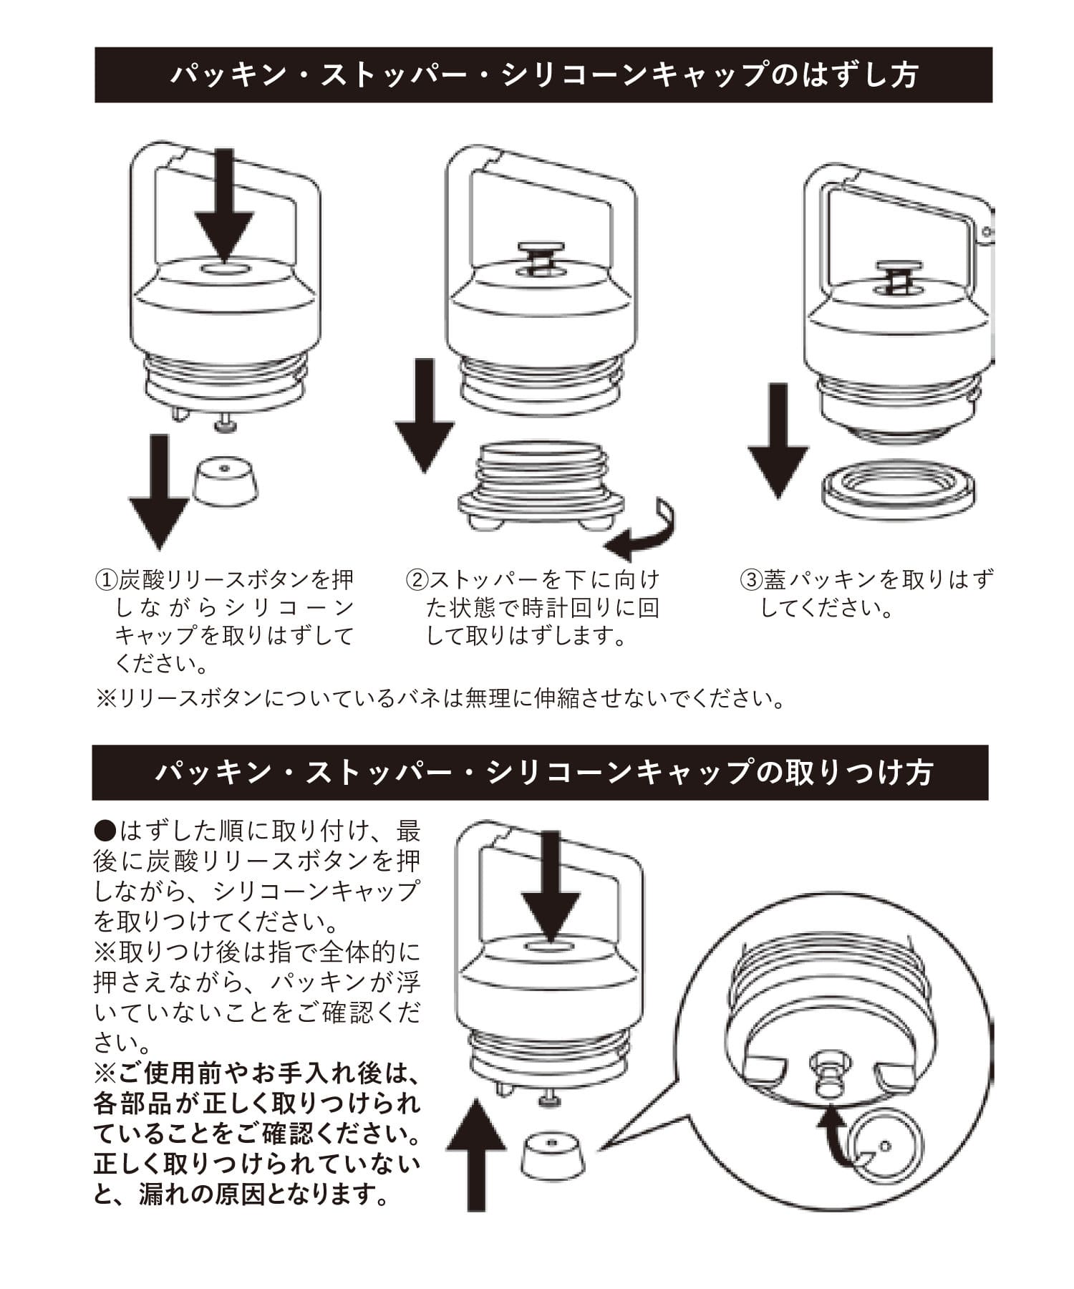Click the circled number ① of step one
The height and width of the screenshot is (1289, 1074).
pos(106,579)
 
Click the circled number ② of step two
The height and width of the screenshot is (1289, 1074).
pos(416,579)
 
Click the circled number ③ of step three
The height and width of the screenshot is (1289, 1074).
pos(750,579)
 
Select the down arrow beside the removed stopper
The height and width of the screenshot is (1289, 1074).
pos(425,415)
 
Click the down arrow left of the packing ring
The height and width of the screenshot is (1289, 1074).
pos(778,440)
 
